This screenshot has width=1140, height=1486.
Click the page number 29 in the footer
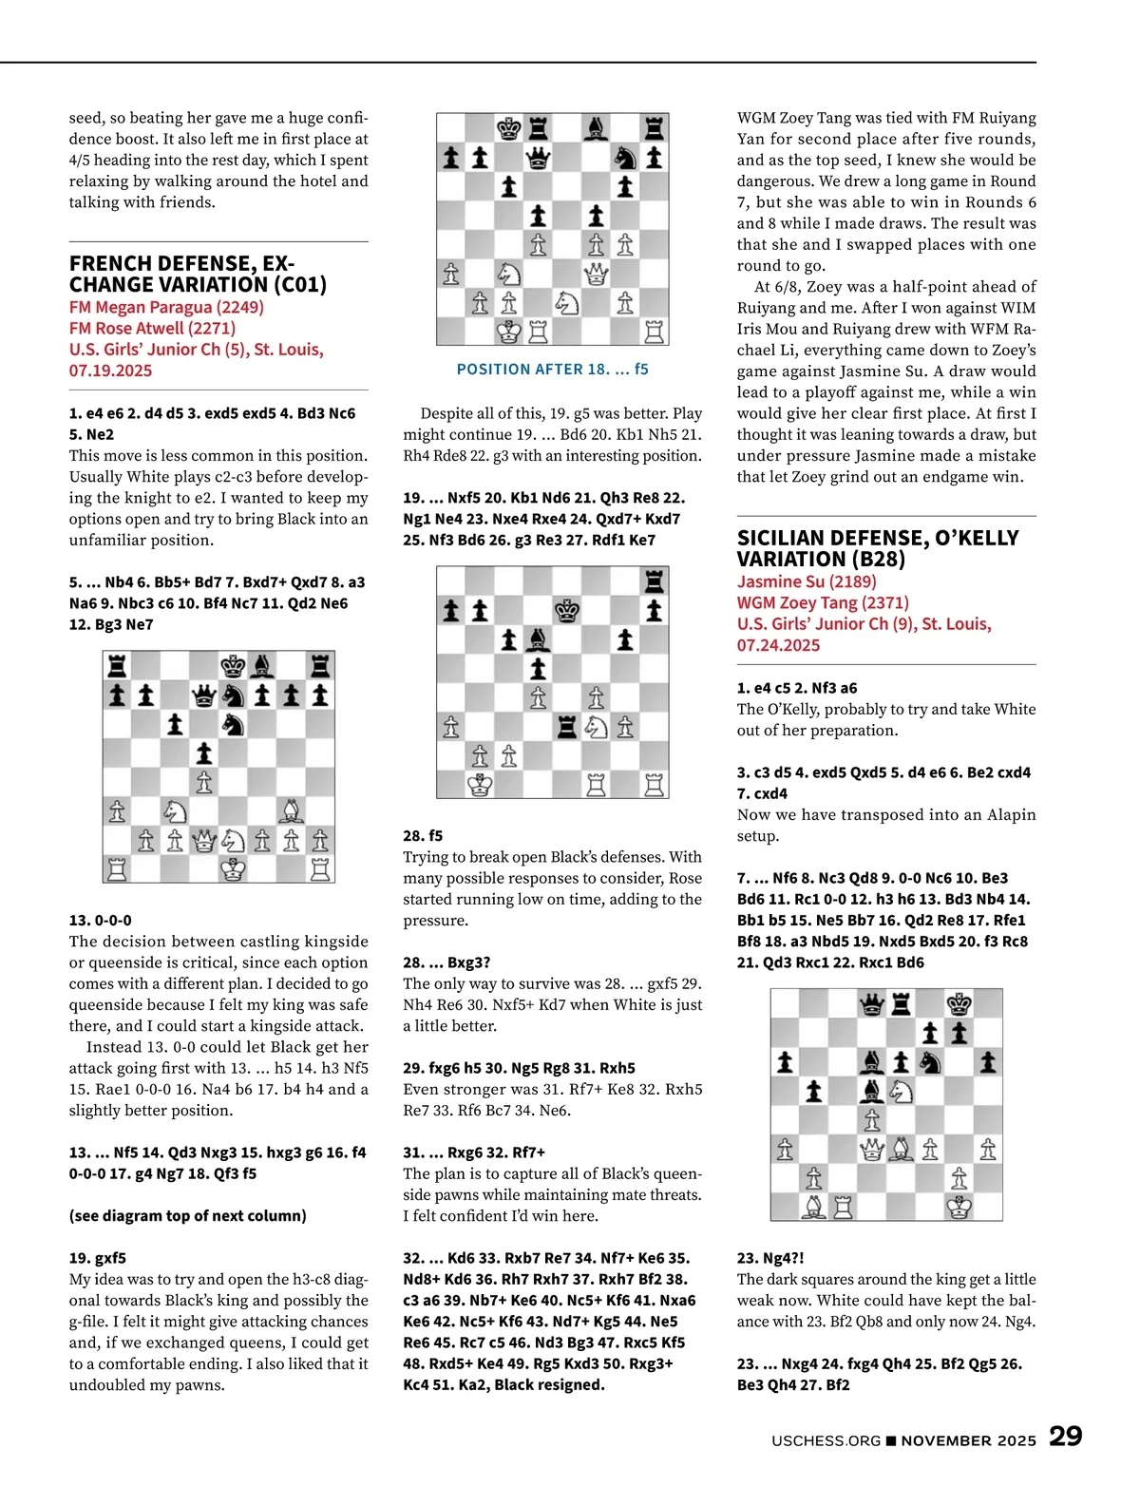coord(1065,1436)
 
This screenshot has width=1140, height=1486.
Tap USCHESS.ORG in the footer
coord(826,1440)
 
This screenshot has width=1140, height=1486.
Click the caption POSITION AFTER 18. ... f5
coord(552,369)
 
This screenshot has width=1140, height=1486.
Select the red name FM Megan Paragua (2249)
coord(166,307)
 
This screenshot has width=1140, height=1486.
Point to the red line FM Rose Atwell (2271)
coord(152,328)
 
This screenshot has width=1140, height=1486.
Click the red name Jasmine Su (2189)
coord(807,581)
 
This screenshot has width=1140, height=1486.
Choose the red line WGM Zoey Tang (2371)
coord(823,602)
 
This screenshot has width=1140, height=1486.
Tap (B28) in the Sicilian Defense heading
coord(874,559)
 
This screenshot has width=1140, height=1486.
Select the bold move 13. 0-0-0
coord(101,920)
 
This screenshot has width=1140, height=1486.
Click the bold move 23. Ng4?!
coord(770,1258)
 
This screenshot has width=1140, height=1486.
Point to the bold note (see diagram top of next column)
coord(187,1215)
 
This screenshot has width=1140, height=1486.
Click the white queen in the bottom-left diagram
coord(203,840)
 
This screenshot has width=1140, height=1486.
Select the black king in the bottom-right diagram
coord(959,1003)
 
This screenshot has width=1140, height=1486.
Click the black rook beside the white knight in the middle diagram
coord(567,727)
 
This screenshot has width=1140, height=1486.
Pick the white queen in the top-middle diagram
coord(597,275)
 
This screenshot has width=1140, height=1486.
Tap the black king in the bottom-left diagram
coord(233,666)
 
